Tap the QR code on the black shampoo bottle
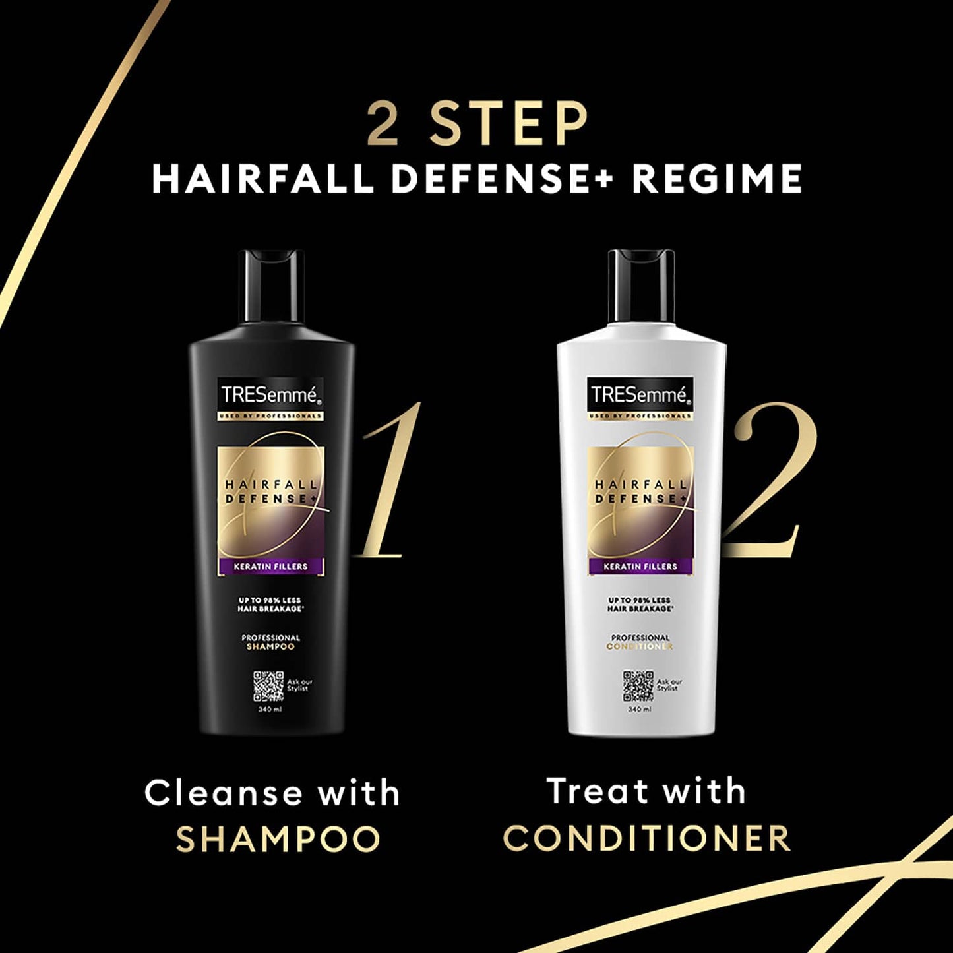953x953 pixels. pyautogui.click(x=268, y=687)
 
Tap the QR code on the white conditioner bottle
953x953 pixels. pyautogui.click(x=638, y=687)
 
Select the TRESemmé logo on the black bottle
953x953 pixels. pyautogui.click(x=270, y=395)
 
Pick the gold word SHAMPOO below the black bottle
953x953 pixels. pyautogui.click(x=278, y=839)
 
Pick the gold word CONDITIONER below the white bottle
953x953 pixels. pyautogui.click(x=646, y=839)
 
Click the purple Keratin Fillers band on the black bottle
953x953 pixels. pyautogui.click(x=270, y=566)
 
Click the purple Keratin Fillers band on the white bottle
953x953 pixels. pyautogui.click(x=640, y=566)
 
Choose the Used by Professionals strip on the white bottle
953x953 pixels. pyautogui.click(x=640, y=416)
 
